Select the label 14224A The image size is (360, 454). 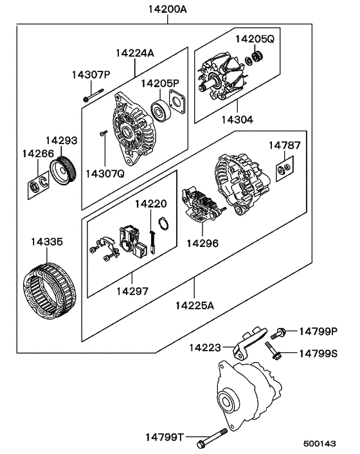pos(135,53)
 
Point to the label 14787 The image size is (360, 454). pos(284,145)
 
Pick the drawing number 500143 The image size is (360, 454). pos(320,444)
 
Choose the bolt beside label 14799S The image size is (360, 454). pos(273,352)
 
